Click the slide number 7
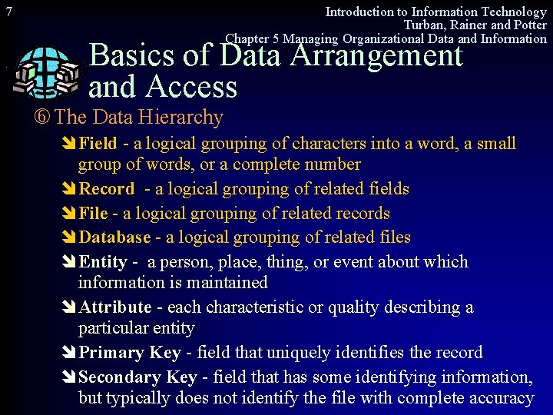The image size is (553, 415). point(8,12)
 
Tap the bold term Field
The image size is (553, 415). point(98,144)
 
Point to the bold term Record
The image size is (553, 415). point(107,189)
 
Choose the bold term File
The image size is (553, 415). point(93,214)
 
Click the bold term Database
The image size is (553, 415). point(114,238)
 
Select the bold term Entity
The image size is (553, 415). point(103,262)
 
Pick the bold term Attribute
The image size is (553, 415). point(115,307)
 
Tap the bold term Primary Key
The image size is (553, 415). point(130,353)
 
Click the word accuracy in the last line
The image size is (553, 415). point(502,398)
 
